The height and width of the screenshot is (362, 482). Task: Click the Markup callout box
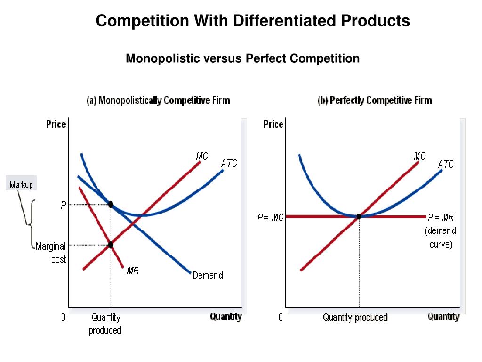pos(21,184)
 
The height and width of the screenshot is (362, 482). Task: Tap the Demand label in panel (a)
pos(208,276)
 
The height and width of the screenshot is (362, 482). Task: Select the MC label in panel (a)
pos(202,156)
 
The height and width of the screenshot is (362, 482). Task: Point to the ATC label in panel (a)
pos(229,164)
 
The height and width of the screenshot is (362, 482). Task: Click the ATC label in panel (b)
pos(446,165)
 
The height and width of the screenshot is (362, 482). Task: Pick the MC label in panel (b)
pos(419,156)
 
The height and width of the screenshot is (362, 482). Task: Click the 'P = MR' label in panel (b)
pos(441,217)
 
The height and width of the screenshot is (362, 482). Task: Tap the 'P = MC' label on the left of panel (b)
pos(270,217)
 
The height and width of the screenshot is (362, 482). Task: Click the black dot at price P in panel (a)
pos(111,205)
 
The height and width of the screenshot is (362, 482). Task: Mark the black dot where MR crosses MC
pos(111,245)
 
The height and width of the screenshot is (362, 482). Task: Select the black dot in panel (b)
pos(359,216)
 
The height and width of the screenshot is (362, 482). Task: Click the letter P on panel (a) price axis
pos(63,205)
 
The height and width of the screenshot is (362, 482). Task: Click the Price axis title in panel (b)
pos(273,124)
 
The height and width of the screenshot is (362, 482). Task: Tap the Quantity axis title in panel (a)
pos(226,317)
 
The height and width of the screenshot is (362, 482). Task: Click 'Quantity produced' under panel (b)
pos(355,318)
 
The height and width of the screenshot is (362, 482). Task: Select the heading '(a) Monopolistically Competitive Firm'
pos(158,100)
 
